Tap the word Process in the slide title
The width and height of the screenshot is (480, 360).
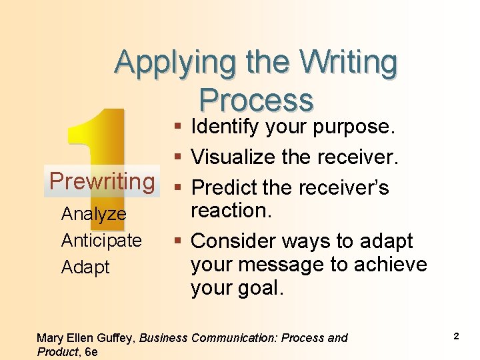256,100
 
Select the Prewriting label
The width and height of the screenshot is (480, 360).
102,181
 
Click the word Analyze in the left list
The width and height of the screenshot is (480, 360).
93,214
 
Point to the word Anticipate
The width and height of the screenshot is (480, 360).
101,240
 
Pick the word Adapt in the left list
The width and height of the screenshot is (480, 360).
85,267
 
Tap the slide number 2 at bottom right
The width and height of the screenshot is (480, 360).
456,336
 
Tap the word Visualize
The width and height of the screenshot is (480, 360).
233,157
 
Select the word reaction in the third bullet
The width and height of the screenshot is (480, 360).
231,211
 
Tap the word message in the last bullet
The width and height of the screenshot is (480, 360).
280,265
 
